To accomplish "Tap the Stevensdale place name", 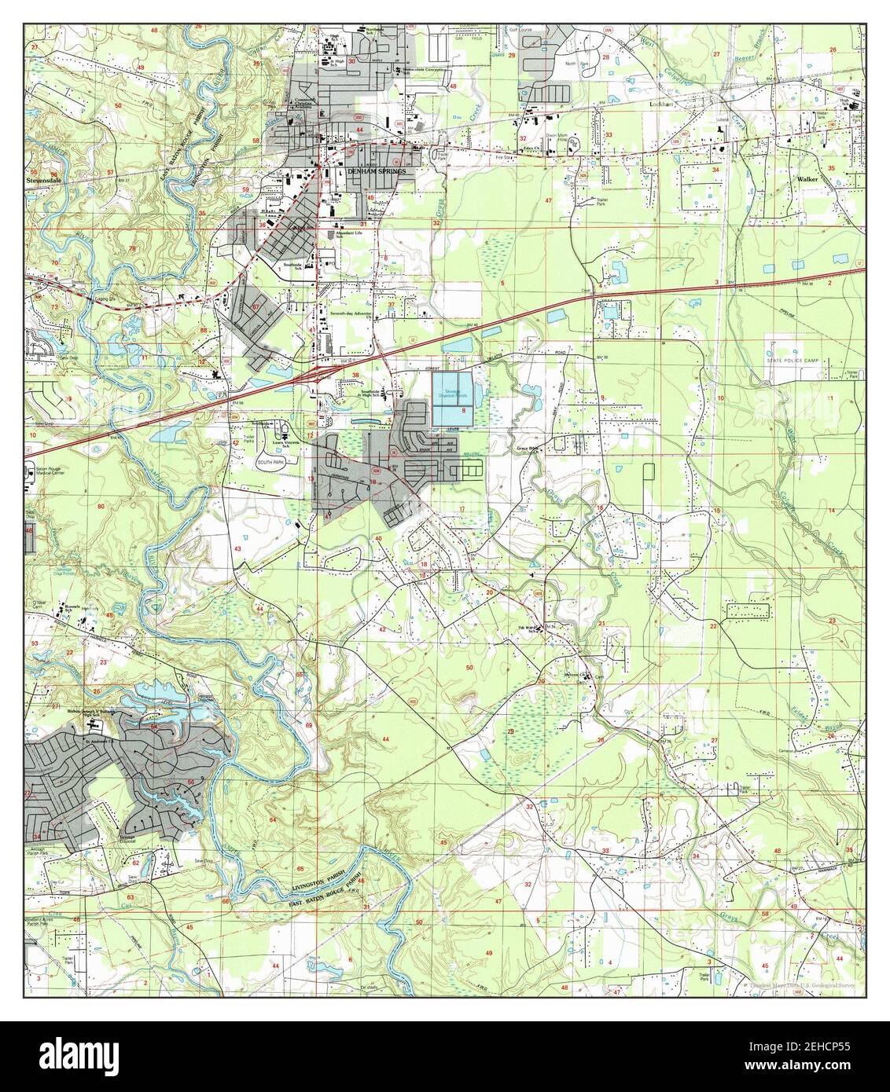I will click(x=45, y=178).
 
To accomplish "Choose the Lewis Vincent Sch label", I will click(x=281, y=444).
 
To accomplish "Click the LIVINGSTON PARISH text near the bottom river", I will click(x=318, y=884).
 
